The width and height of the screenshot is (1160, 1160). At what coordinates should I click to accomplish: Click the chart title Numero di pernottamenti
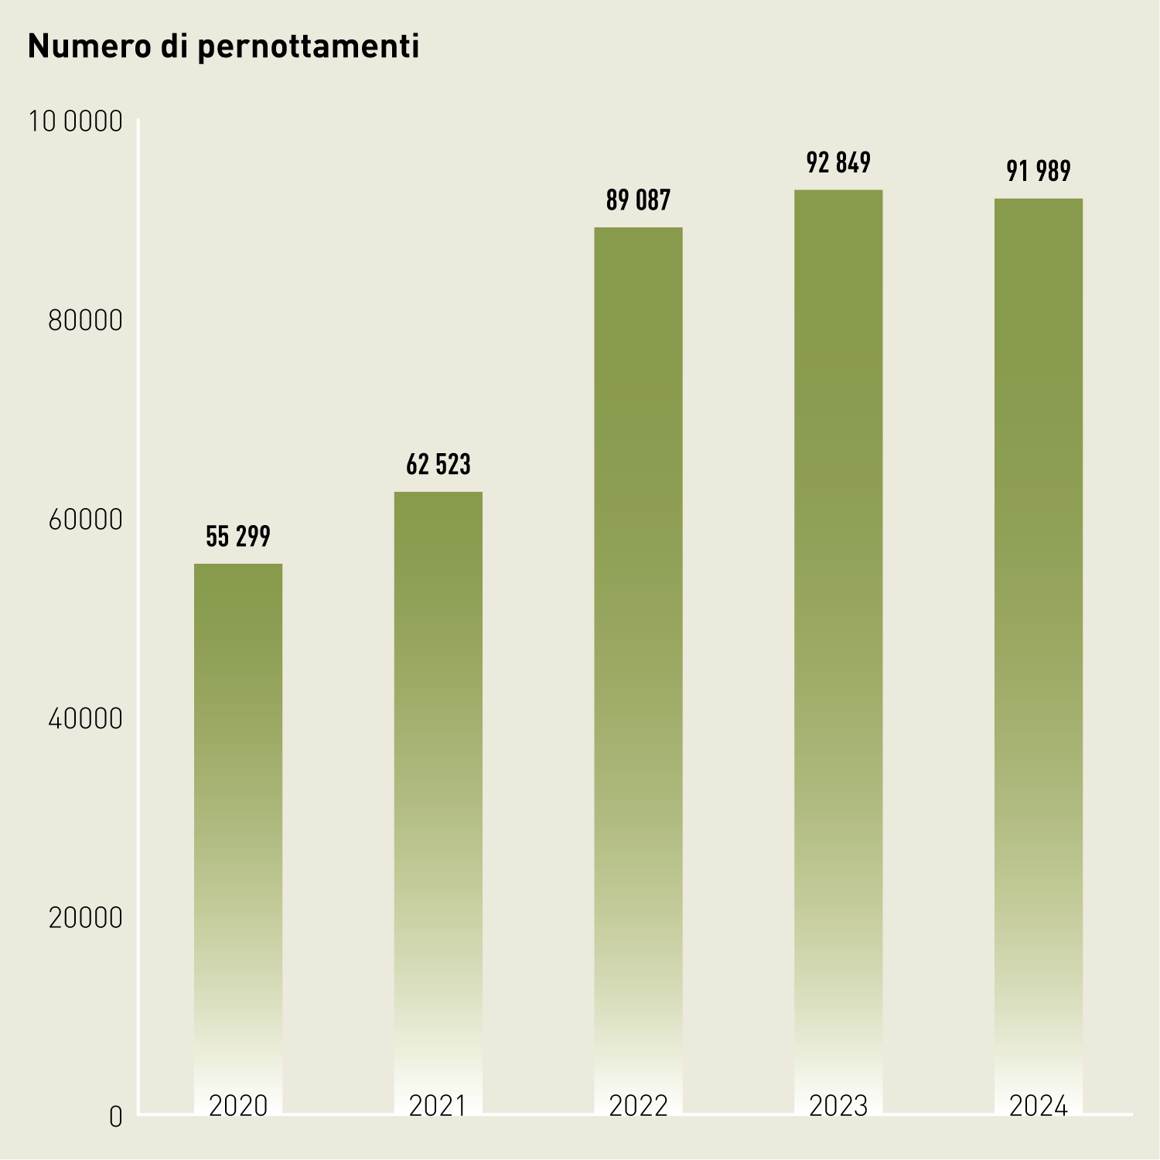223,47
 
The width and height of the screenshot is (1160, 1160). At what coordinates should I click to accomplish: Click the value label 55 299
238,536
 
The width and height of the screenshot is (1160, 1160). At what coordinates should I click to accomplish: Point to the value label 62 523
438,464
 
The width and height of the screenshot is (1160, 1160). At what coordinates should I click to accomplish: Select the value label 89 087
638,200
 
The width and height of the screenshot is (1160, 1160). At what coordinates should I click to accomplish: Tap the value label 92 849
838,162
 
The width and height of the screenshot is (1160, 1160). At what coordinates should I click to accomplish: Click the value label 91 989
1038,171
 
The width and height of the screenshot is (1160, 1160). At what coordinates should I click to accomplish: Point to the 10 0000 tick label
76,121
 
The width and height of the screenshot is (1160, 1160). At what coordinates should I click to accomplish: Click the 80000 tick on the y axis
85,320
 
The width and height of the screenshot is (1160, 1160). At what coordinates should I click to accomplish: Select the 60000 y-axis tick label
85,520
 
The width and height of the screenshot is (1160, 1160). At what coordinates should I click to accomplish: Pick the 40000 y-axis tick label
85,718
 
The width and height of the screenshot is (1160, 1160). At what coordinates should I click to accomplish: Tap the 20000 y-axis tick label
85,918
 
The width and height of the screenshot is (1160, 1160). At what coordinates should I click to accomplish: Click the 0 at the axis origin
115,1117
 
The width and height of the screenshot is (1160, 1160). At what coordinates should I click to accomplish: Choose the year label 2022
638,1106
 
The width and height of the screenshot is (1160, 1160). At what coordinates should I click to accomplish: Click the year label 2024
1038,1106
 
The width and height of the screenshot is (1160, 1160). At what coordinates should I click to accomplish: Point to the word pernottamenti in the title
308,47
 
